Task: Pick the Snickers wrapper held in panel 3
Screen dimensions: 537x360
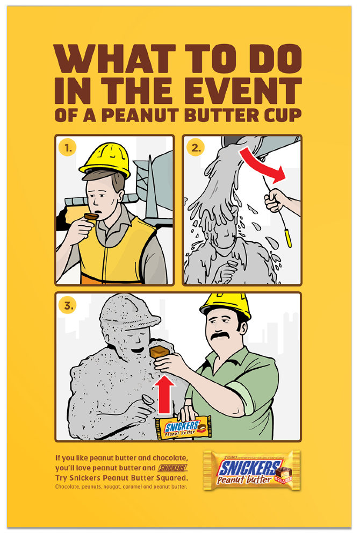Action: click(183, 428)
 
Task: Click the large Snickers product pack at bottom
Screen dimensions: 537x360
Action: click(251, 470)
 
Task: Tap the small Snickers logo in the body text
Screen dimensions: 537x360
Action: click(174, 468)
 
